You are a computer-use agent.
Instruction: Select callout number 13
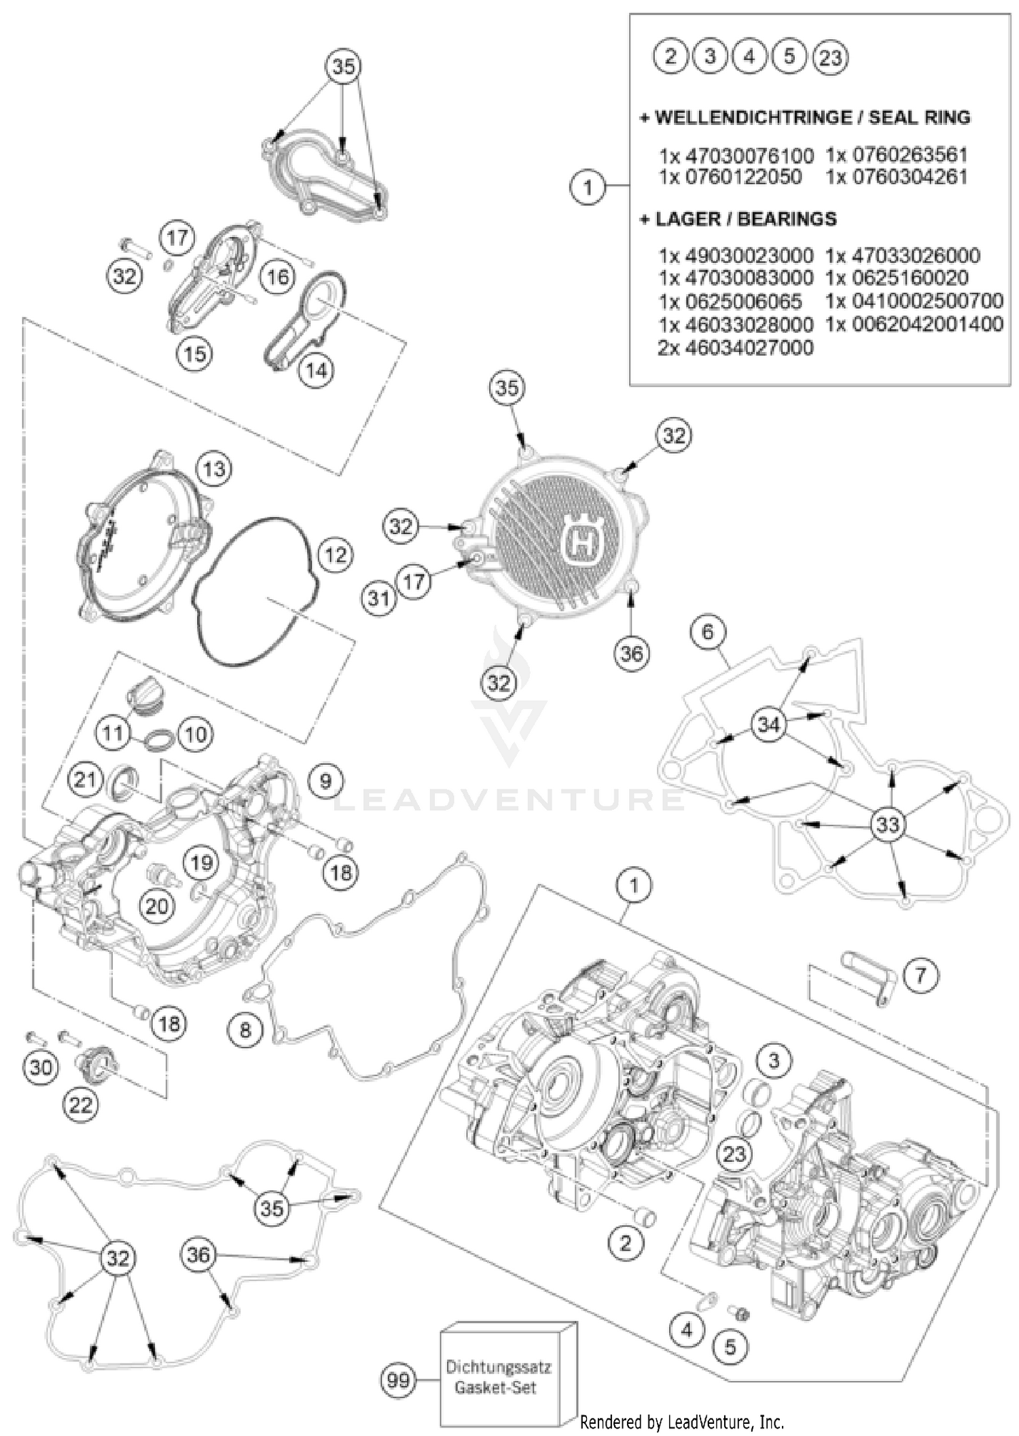(x=214, y=469)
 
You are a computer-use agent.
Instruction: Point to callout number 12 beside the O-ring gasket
(x=335, y=555)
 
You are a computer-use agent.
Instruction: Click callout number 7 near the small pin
(x=920, y=975)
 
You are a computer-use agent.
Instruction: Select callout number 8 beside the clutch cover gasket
(x=245, y=1030)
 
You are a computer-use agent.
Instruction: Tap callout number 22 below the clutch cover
(x=81, y=1105)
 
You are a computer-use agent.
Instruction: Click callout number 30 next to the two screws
(x=41, y=1067)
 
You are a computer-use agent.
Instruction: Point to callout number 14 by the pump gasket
(x=316, y=370)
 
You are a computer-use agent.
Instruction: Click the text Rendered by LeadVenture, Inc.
(x=682, y=1421)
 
